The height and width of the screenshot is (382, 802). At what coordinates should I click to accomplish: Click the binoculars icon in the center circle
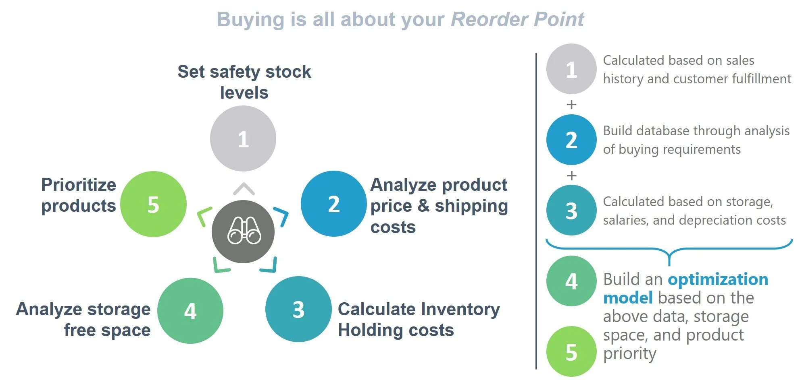244,231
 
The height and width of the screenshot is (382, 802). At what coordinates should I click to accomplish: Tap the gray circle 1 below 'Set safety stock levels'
243,138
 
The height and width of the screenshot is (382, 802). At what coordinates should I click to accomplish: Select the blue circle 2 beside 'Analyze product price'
333,204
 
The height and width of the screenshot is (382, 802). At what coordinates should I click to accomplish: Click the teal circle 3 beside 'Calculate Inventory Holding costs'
298,309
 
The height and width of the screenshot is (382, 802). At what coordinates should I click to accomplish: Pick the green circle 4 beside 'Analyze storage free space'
190,311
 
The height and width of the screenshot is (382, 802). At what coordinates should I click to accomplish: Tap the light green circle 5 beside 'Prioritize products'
153,204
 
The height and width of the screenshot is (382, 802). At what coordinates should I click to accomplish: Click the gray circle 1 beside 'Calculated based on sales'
571,69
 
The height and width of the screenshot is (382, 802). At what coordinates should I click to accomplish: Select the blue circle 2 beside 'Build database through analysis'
571,140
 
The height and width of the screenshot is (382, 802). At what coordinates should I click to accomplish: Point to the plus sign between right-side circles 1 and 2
571,105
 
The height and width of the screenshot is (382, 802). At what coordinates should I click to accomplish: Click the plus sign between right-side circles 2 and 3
571,176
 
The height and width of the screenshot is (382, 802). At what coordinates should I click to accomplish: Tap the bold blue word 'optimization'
718,279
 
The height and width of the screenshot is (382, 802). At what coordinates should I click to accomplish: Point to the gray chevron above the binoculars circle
244,188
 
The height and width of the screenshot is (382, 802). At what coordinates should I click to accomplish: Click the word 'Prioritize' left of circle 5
79,185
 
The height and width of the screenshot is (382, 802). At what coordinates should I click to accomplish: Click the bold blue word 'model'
628,298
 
